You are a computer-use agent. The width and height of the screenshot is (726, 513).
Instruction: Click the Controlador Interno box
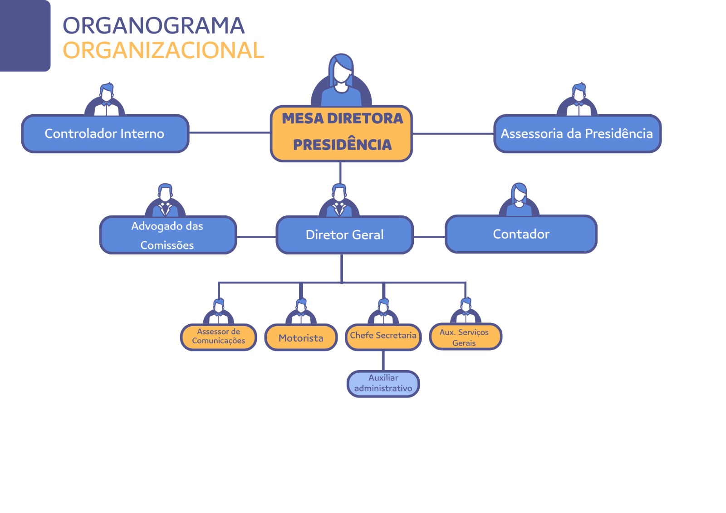(x=105, y=133)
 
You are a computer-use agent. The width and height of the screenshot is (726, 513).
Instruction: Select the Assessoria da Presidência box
(x=577, y=133)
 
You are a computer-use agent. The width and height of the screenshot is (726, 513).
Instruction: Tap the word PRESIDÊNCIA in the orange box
(x=342, y=145)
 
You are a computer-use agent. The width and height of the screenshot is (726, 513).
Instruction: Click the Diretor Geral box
(x=344, y=235)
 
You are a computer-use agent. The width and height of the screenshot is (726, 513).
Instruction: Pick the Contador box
(x=521, y=234)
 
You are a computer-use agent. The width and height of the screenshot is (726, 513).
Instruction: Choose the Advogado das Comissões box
(x=167, y=235)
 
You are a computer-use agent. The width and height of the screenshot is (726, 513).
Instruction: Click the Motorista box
(x=301, y=337)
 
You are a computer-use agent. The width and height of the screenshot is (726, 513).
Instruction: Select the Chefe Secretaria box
(x=383, y=337)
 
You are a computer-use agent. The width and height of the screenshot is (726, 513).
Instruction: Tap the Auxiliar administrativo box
(x=383, y=383)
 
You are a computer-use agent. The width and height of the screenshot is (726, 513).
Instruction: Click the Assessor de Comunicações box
(x=218, y=337)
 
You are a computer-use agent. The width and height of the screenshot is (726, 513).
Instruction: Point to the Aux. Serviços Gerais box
(x=465, y=337)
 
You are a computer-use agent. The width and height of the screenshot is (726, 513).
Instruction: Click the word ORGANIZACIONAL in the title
(x=163, y=50)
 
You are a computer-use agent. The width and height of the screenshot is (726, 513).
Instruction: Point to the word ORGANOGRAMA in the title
(x=153, y=25)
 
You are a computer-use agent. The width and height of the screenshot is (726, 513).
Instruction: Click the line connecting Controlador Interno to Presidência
(x=229, y=133)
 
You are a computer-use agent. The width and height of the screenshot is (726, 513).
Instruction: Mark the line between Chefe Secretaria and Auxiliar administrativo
(x=383, y=361)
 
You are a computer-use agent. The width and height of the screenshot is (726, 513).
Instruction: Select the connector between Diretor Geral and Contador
(x=429, y=237)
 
